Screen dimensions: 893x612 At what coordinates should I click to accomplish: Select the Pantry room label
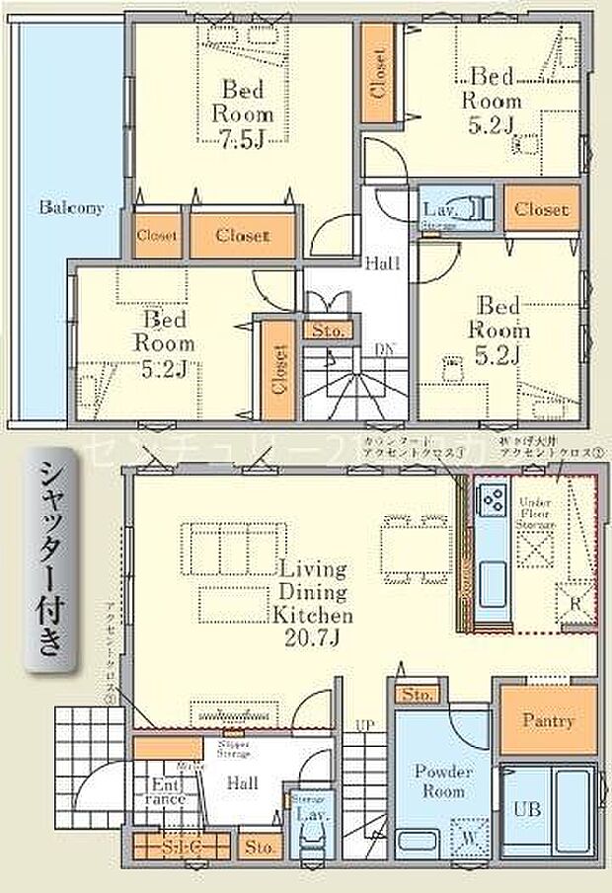(x=549, y=721)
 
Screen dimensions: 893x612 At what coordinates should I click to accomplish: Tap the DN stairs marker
(x=385, y=347)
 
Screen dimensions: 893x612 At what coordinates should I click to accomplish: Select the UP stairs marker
(x=364, y=725)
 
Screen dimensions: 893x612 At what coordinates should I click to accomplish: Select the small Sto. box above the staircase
(x=328, y=331)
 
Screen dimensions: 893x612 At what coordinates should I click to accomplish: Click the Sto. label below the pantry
(x=418, y=695)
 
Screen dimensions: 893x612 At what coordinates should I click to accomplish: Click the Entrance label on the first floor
(x=168, y=791)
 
